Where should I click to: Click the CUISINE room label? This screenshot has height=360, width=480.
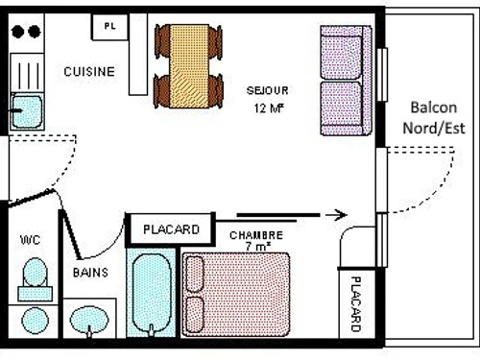89,71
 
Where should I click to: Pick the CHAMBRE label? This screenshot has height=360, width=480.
256,235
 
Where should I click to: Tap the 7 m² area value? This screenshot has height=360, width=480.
256,247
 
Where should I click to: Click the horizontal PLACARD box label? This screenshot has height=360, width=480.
171,229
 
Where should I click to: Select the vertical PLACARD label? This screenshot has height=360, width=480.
354,302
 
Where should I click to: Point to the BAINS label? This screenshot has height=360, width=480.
90,272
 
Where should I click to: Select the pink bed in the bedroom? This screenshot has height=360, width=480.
235,293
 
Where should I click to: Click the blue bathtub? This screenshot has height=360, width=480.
152,294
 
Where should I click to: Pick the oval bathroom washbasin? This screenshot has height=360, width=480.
91,320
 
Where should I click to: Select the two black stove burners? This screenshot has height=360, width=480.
26,30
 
